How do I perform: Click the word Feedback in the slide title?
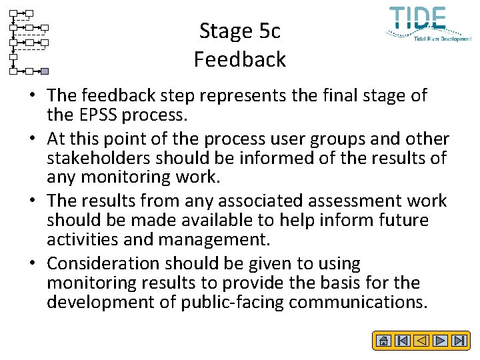point(239,59)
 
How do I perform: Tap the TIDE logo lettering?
point(417,19)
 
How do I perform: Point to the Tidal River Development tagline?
point(443,39)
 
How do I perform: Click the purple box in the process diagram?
point(45,71)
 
